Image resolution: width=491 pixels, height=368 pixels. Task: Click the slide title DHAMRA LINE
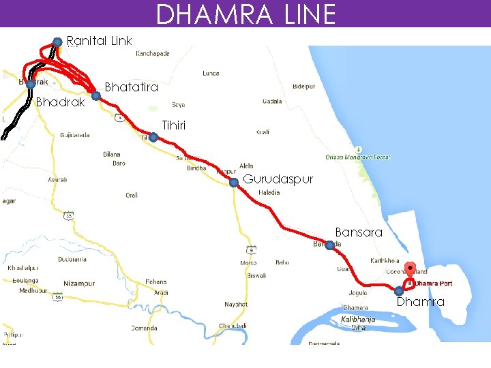(x=245, y=14)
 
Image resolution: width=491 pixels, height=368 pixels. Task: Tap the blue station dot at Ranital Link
(x=58, y=42)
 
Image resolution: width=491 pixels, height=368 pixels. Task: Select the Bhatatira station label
(x=131, y=87)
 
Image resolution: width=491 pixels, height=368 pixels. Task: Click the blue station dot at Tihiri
(x=153, y=138)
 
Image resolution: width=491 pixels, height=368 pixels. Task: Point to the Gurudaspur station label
(x=278, y=179)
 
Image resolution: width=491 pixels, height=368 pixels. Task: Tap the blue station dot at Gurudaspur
(x=233, y=183)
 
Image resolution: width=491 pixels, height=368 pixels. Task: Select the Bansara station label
(x=358, y=232)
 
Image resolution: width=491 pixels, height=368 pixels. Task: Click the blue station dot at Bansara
(x=329, y=245)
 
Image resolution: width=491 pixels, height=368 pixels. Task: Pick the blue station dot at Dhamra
(x=399, y=292)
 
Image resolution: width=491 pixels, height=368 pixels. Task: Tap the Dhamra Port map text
(x=434, y=283)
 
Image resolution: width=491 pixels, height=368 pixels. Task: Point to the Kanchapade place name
(x=153, y=53)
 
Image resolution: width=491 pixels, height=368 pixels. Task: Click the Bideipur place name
(x=303, y=87)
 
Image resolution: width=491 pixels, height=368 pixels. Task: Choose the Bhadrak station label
(x=60, y=102)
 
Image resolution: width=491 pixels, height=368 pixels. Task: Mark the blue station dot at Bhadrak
(x=31, y=85)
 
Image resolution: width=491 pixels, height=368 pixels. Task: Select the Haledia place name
(x=269, y=193)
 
